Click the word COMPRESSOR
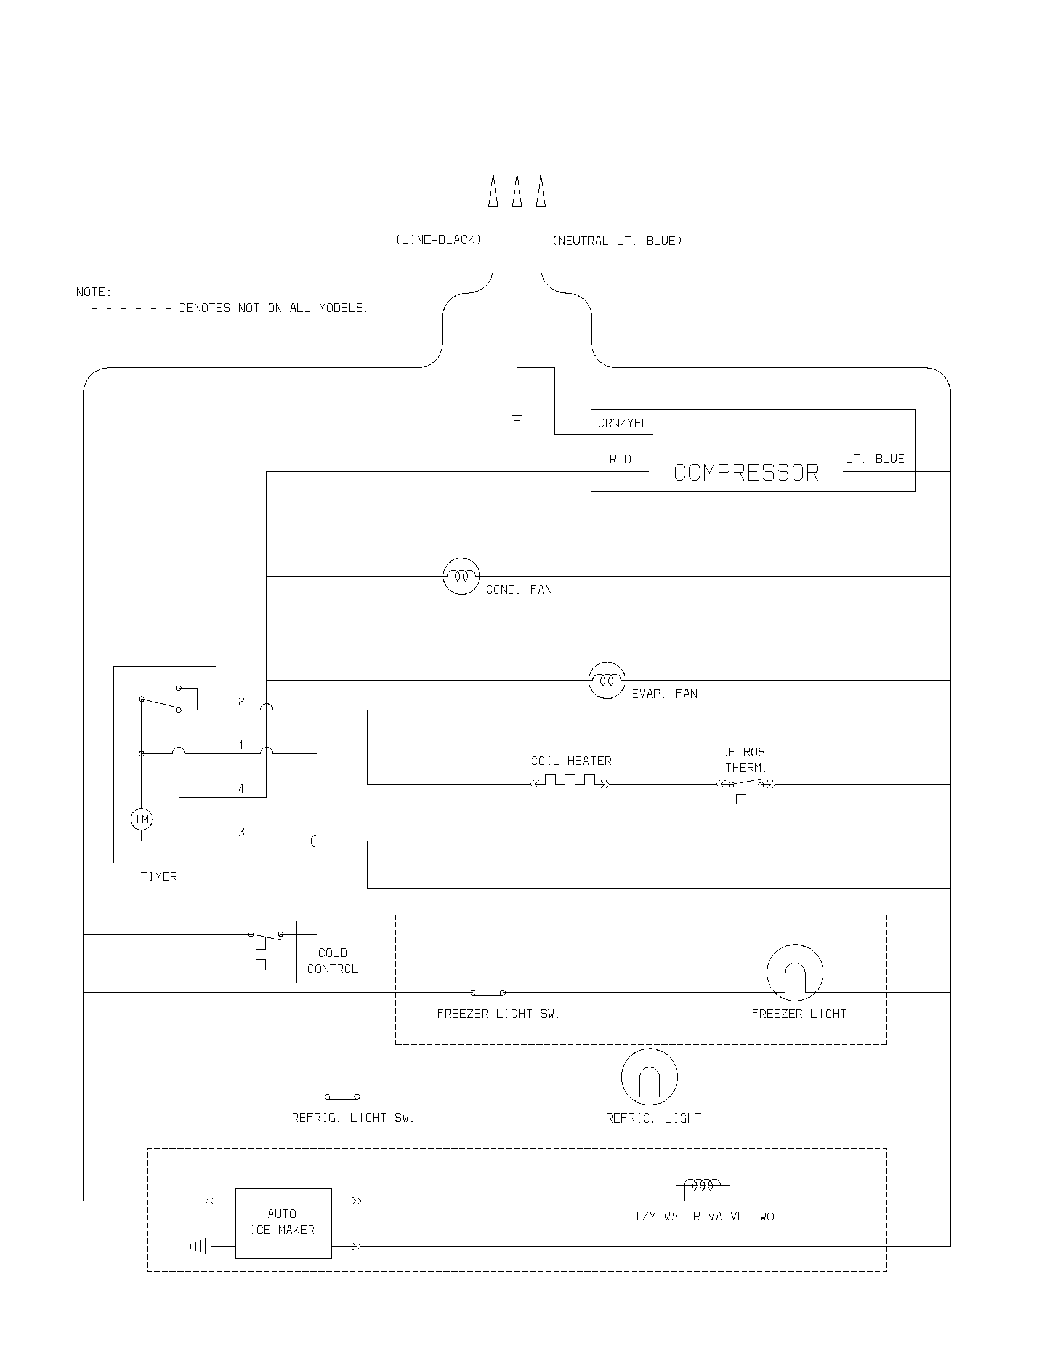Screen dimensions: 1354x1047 pyautogui.click(x=746, y=473)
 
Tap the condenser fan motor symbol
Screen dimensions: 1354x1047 pyautogui.click(x=461, y=576)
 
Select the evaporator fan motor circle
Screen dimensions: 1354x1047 pyautogui.click(x=606, y=680)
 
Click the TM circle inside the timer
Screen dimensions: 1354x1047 pyautogui.click(x=142, y=819)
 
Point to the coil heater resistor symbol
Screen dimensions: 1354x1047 pyautogui.click(x=571, y=780)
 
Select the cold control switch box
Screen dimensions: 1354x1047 pyautogui.click(x=265, y=951)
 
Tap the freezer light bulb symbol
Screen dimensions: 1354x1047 pyautogui.click(x=794, y=972)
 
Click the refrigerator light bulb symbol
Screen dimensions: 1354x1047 pyautogui.click(x=649, y=1077)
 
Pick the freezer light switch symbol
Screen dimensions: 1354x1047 pyautogui.click(x=488, y=988)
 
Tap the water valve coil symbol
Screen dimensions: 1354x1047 pyautogui.click(x=702, y=1185)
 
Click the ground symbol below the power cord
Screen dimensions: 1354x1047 pyautogui.click(x=517, y=411)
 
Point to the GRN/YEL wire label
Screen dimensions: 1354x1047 pyautogui.click(x=623, y=423)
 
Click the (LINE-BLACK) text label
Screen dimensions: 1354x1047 pyautogui.click(x=439, y=240)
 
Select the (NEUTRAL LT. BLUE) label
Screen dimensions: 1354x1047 pyautogui.click(x=617, y=241)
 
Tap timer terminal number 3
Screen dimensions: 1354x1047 pyautogui.click(x=241, y=833)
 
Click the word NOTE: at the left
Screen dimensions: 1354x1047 pyautogui.click(x=94, y=292)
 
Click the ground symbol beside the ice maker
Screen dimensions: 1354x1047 pyautogui.click(x=201, y=1246)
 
